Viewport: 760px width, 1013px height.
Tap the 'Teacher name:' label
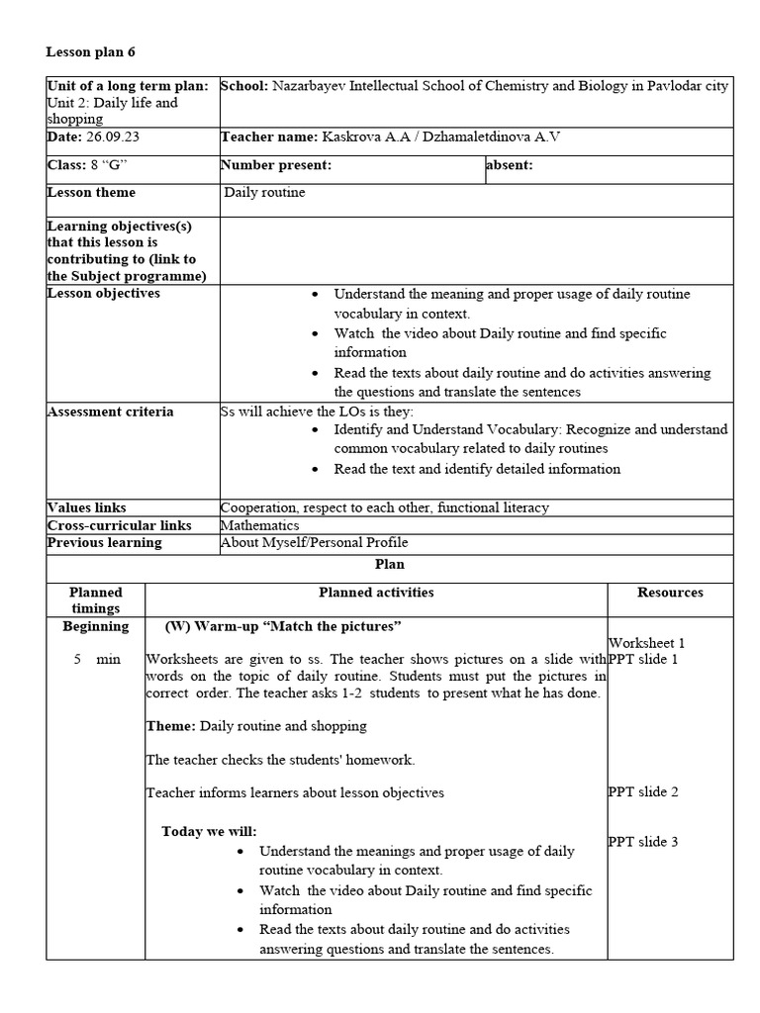pyautogui.click(x=266, y=138)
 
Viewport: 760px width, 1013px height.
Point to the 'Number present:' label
pyautogui.click(x=276, y=165)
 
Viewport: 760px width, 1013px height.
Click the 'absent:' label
pyautogui.click(x=510, y=165)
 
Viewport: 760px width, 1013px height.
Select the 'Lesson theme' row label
pyautogui.click(x=92, y=193)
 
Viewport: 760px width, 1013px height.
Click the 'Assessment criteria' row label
pyautogui.click(x=110, y=412)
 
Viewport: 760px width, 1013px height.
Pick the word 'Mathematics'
pyautogui.click(x=260, y=525)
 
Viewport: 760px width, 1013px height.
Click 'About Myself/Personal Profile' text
pyautogui.click(x=315, y=543)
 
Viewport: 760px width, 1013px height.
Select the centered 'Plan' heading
pyautogui.click(x=389, y=564)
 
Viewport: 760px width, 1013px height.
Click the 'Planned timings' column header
pyautogui.click(x=96, y=600)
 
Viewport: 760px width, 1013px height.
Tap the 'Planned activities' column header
pyautogui.click(x=376, y=593)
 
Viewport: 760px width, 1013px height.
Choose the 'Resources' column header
pyautogui.click(x=670, y=593)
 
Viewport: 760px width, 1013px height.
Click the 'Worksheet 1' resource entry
pyautogui.click(x=646, y=643)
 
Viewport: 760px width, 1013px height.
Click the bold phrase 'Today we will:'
pyautogui.click(x=209, y=831)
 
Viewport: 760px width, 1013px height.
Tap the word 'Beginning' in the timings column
pyautogui.click(x=96, y=626)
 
